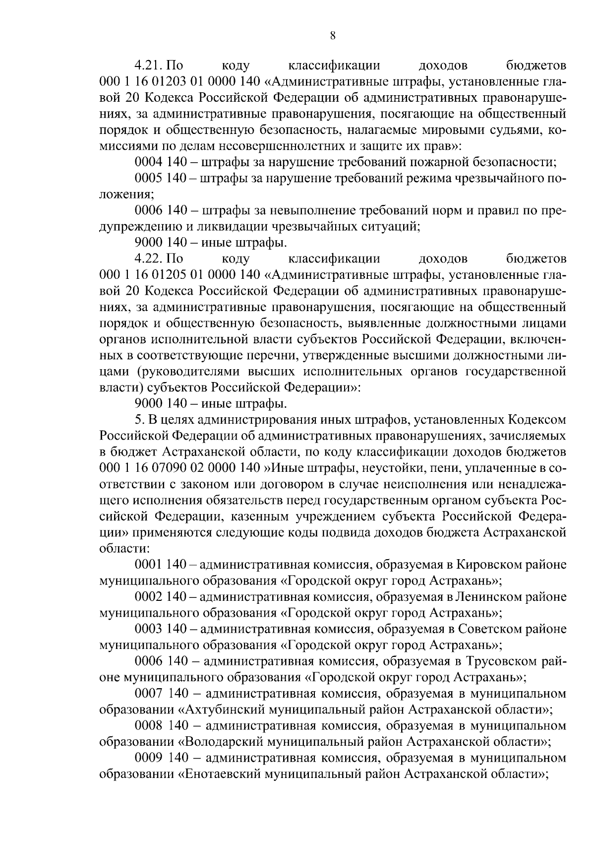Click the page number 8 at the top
[333, 35]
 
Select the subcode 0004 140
[160, 162]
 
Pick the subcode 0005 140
[160, 178]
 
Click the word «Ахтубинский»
[221, 710]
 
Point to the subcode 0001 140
[160, 565]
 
